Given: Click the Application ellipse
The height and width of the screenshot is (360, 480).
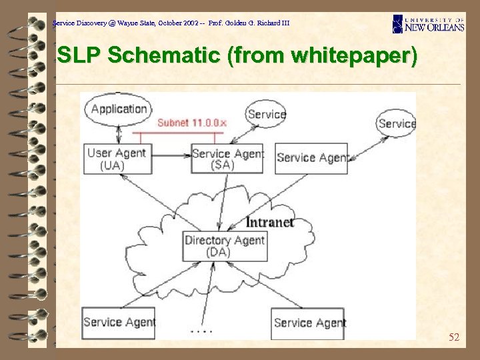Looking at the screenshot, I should point(118,109).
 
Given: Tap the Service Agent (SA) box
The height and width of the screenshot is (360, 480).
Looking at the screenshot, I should point(227,159).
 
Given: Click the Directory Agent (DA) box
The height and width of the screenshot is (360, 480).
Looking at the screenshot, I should point(225,246).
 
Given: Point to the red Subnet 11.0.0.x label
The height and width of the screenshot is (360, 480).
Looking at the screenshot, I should point(192,123).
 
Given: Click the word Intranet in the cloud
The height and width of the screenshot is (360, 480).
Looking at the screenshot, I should point(270,222).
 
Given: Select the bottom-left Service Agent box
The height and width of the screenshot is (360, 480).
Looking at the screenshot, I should point(118,323).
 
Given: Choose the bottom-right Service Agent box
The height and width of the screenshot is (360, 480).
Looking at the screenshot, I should point(308,323).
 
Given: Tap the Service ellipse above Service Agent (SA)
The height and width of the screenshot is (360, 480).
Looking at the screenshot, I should point(266,114).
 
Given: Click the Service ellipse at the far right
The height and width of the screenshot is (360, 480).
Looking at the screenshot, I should point(396,123).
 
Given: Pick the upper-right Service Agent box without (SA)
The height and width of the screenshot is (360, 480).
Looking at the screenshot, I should point(311,159).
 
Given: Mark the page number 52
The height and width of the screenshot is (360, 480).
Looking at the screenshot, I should point(454,337).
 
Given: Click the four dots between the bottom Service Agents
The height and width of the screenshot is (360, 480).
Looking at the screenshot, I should point(201,330).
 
